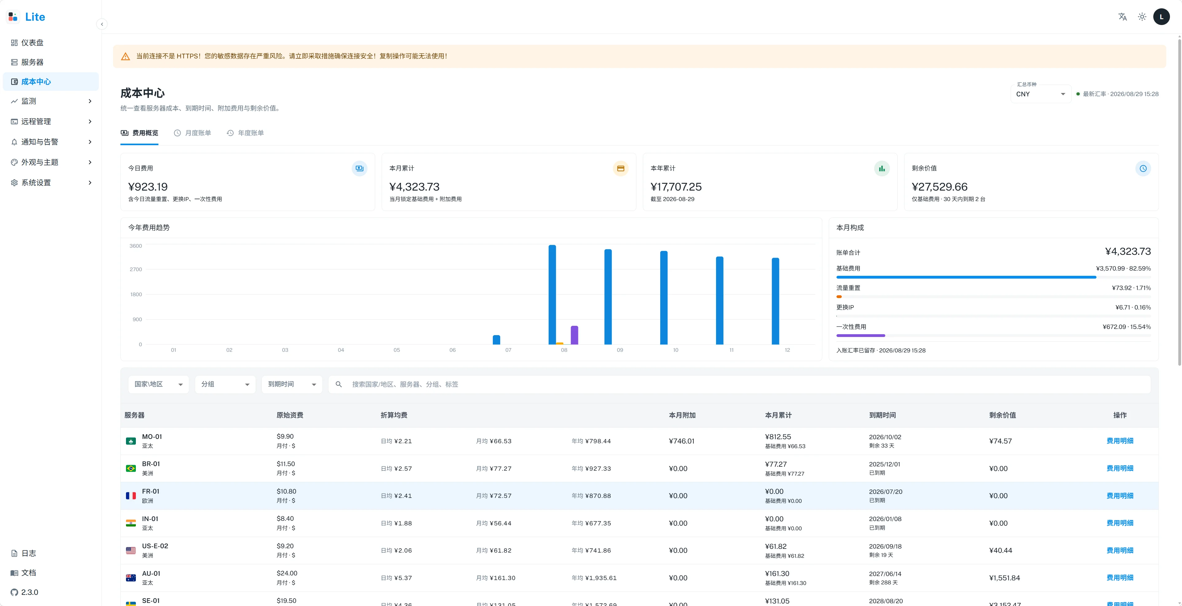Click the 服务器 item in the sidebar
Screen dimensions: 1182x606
[32, 62]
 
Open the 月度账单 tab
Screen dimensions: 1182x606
[192, 133]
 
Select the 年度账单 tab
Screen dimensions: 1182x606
[245, 133]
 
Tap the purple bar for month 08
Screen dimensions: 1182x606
[575, 335]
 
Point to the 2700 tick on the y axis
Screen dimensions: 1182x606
[136, 269]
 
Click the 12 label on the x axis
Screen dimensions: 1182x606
[787, 350]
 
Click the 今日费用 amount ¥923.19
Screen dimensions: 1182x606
[148, 187]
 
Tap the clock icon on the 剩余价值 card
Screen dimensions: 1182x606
[1143, 168]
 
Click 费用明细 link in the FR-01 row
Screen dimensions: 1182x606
[1120, 496]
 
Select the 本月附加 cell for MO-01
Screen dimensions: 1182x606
[681, 441]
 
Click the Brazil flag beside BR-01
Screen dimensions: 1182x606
[131, 468]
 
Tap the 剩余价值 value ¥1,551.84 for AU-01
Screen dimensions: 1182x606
[1004, 578]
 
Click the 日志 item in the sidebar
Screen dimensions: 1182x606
[28, 553]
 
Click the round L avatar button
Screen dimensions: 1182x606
[1161, 17]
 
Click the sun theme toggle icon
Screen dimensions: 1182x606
[1142, 17]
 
